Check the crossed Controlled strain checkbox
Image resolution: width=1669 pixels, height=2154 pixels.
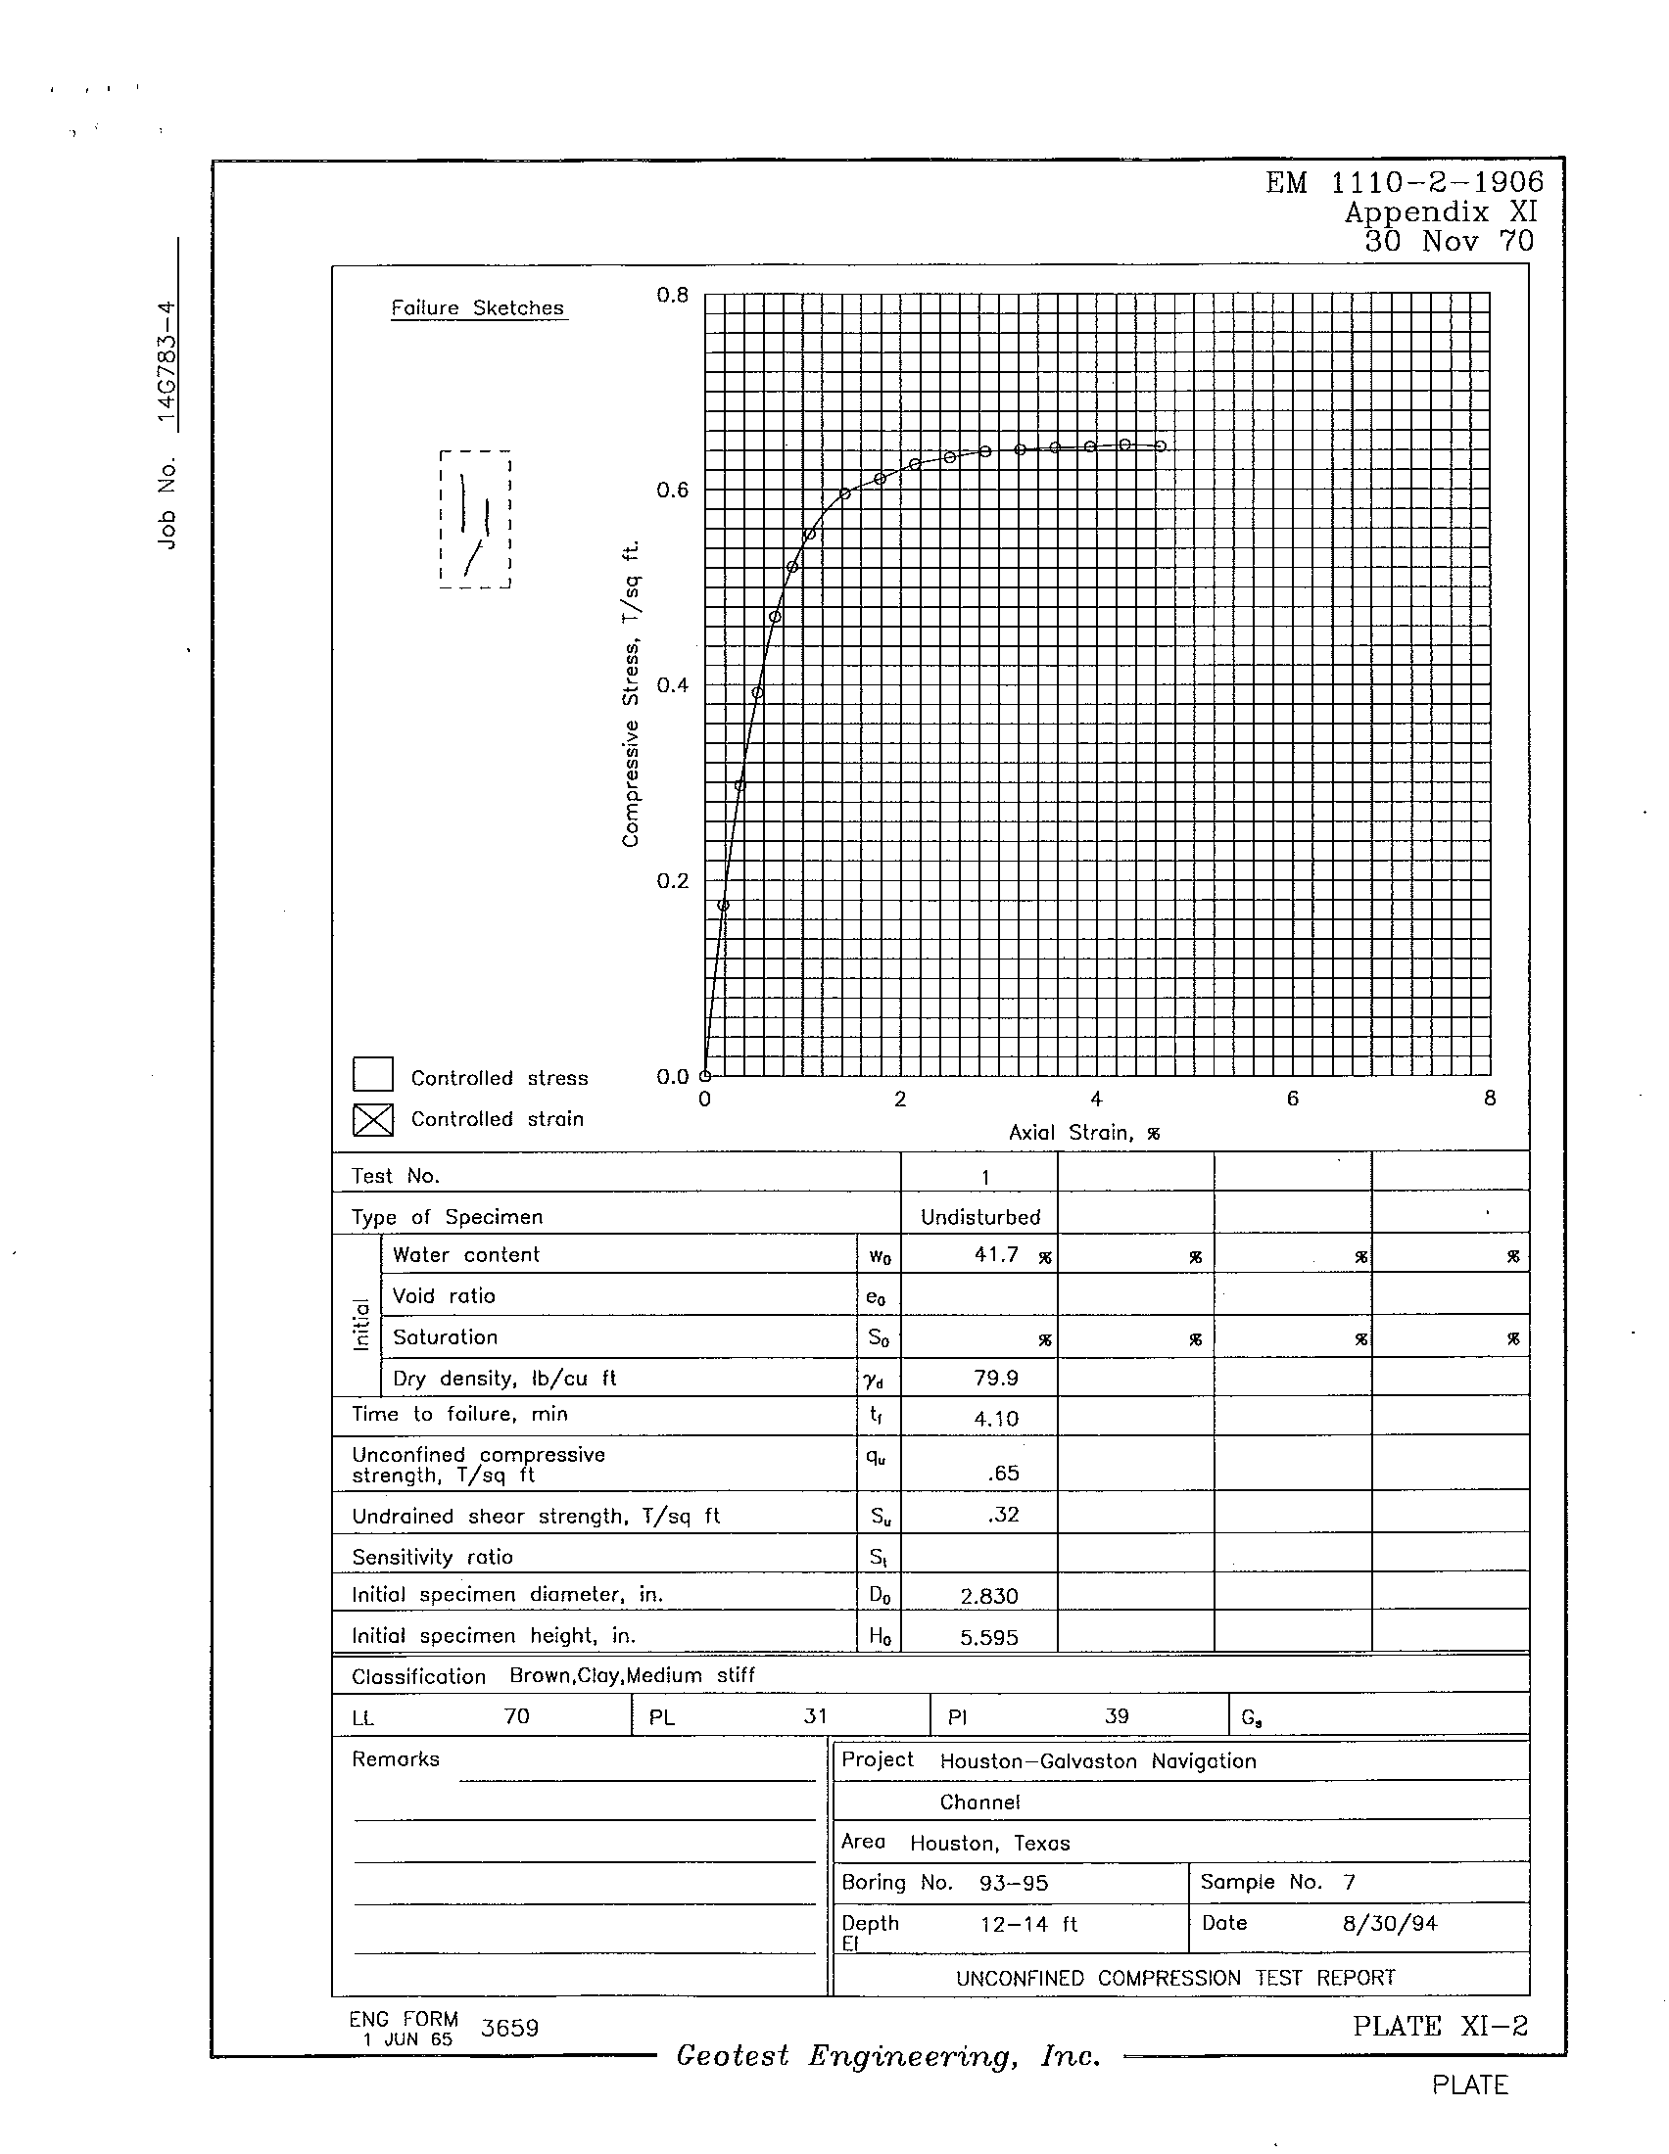point(373,1118)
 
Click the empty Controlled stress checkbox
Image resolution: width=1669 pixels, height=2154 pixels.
point(373,1074)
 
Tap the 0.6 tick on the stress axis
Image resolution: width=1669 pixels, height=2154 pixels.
point(673,491)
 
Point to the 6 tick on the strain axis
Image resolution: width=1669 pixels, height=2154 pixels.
point(1292,1099)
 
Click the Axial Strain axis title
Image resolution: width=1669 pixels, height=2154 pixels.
point(1083,1133)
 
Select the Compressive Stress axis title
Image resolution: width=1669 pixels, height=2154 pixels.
point(632,693)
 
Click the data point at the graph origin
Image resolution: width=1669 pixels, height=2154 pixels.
point(704,1075)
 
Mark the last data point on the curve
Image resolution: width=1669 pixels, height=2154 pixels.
point(1161,446)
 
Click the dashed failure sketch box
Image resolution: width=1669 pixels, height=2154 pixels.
point(475,520)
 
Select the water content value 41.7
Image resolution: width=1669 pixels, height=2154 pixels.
point(996,1254)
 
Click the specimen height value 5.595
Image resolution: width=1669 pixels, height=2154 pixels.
point(989,1637)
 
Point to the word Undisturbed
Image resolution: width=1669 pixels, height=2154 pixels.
point(980,1217)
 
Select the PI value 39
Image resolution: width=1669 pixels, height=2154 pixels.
point(1117,1716)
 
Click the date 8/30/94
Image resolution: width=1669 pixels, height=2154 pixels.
point(1389,1923)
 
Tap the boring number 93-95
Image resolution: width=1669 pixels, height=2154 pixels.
point(1013,1883)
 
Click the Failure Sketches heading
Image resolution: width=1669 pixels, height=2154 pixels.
point(477,307)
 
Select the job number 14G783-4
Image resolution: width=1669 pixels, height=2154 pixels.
point(167,366)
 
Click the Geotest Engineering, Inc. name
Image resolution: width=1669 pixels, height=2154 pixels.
point(887,2055)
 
